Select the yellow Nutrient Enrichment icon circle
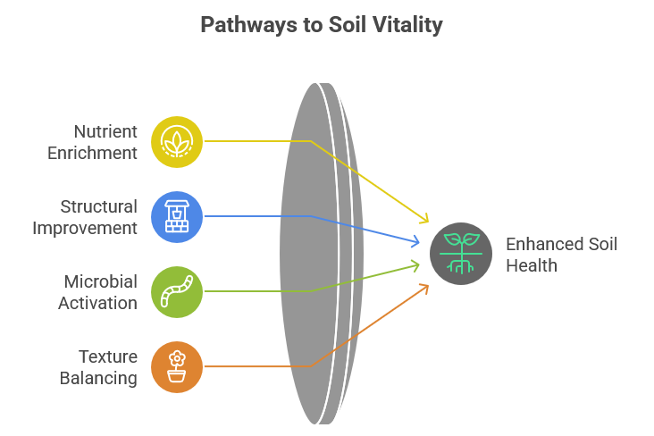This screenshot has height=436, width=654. click(177, 141)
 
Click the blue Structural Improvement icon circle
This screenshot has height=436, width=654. click(177, 216)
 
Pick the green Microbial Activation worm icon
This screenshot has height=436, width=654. click(177, 291)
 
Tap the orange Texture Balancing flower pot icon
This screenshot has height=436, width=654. click(177, 366)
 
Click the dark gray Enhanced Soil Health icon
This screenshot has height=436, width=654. click(461, 254)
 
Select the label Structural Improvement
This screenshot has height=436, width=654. click(86, 216)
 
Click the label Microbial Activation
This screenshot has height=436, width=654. click(98, 291)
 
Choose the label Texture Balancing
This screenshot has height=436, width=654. click(98, 366)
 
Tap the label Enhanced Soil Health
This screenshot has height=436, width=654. click(561, 254)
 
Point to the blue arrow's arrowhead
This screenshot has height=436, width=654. click(415, 240)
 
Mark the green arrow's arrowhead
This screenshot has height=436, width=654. click(415, 264)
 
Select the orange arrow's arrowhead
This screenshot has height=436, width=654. click(424, 287)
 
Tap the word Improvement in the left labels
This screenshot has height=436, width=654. click(86, 227)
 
